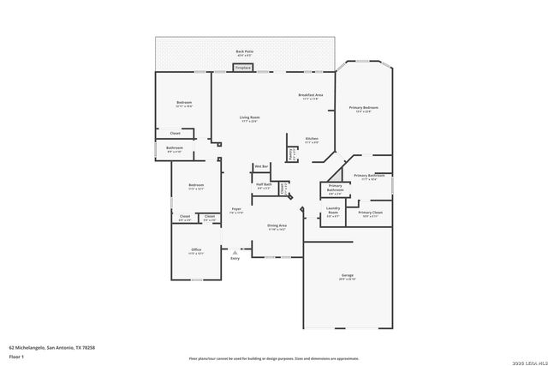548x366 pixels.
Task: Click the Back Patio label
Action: (x=245, y=52)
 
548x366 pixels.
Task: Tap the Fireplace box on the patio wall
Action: (x=243, y=67)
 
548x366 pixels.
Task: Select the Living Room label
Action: (x=249, y=118)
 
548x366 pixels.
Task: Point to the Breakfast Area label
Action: (x=310, y=96)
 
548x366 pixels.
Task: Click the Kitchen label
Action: (x=313, y=140)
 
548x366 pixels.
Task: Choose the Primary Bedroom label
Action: (x=363, y=109)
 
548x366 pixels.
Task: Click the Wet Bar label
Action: (x=261, y=165)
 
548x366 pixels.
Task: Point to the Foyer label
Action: (x=237, y=210)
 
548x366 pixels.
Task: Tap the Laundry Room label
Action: (x=334, y=213)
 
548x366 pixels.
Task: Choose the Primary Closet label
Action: (x=370, y=213)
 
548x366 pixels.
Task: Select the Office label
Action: (x=196, y=252)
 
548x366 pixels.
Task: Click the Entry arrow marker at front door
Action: (x=235, y=252)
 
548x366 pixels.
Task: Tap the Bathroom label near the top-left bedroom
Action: (x=175, y=149)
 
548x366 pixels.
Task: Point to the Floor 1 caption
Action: (x=17, y=356)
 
